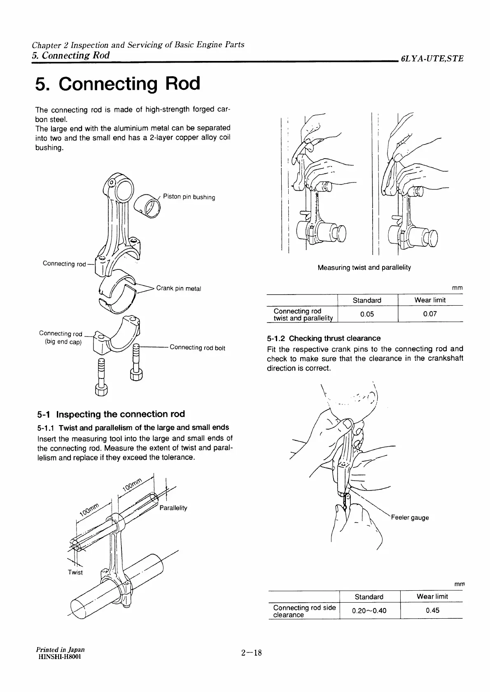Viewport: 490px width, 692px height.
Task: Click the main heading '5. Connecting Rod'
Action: coord(118,84)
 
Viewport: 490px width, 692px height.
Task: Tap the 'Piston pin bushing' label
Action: coord(189,196)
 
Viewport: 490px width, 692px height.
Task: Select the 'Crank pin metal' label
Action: coord(178,288)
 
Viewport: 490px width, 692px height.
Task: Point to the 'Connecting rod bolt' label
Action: coord(197,348)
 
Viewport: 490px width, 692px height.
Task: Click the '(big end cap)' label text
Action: coord(63,342)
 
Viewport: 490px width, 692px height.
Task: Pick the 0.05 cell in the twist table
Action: coord(366,314)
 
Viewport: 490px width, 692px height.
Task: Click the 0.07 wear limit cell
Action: coord(430,314)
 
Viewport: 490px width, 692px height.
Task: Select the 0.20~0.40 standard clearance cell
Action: coord(369,610)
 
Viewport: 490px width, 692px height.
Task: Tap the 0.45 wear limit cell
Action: coord(432,610)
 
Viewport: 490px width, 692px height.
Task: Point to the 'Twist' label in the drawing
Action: coord(75,572)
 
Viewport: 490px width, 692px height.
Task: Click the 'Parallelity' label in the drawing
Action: coord(173,508)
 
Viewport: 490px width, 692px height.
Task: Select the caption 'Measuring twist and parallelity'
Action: coord(364,267)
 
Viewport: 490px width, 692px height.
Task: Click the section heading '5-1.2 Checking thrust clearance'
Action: coord(324,338)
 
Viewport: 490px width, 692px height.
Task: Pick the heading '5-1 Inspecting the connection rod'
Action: coord(110,414)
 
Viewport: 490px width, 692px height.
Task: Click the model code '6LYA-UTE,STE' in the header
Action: coord(432,58)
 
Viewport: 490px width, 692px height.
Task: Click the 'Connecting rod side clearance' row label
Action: coord(304,611)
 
